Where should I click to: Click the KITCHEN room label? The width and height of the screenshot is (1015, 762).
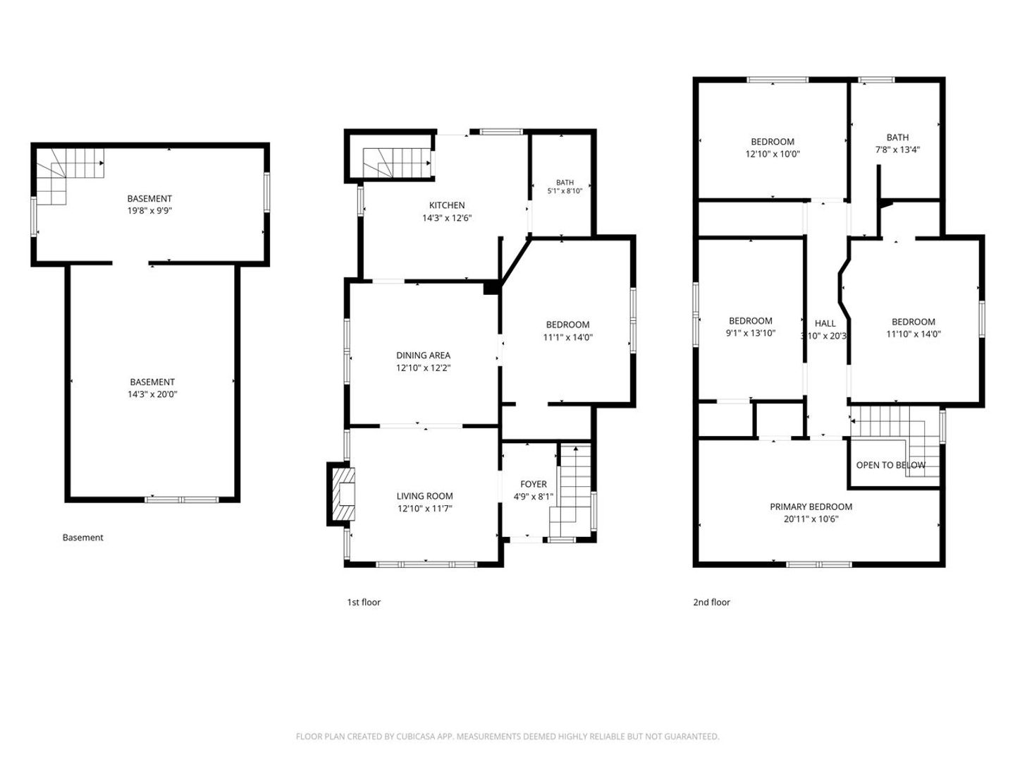[x=447, y=205]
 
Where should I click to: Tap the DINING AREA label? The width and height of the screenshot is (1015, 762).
[x=423, y=356]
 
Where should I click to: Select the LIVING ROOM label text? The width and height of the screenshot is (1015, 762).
[x=424, y=496]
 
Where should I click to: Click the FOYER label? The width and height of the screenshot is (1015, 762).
[x=534, y=484]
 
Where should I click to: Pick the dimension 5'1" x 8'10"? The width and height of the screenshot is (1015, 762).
[x=565, y=190]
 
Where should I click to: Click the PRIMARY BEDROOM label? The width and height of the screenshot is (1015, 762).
[x=811, y=507]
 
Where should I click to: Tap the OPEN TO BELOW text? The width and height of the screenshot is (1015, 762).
[x=891, y=465]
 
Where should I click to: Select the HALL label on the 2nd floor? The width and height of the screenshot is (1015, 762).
[x=825, y=323]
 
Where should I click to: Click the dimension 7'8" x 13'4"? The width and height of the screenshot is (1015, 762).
[x=897, y=150]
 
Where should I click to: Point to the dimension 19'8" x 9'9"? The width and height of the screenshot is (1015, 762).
[x=149, y=211]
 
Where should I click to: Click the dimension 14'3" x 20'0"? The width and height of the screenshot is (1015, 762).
[x=152, y=394]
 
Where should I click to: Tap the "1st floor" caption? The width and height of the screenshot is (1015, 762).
[x=364, y=602]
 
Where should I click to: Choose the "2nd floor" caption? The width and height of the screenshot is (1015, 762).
[x=712, y=602]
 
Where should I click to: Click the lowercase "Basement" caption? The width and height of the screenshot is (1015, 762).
[x=82, y=537]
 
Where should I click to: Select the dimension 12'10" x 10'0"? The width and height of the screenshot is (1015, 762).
[x=773, y=154]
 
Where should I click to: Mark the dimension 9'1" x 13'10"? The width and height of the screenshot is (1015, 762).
[x=751, y=332]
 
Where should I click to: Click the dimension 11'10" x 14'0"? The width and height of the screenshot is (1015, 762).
[x=914, y=334]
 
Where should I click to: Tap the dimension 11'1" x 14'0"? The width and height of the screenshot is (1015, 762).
[x=568, y=337]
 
